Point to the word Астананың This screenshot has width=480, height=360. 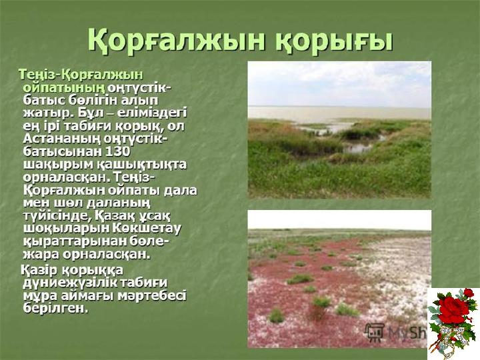[x=62, y=139]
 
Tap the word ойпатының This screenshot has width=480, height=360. [x=64, y=88]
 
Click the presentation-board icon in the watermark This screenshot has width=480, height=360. [x=375, y=332]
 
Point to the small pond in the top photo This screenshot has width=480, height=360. [x=357, y=149]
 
